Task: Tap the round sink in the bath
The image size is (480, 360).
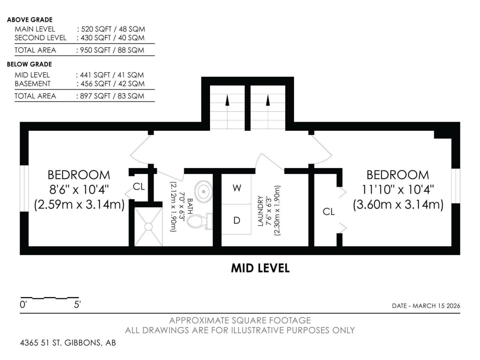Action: coord(204,192)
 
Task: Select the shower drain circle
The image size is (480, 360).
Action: coord(148,226)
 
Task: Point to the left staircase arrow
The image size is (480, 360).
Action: coord(227,111)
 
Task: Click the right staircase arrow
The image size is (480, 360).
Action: coord(268,111)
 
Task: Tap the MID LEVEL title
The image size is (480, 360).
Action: coord(260,268)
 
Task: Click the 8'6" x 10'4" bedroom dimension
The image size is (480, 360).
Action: coord(79,190)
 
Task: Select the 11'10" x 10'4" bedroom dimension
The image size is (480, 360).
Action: coord(398,190)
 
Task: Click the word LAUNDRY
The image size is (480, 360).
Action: coord(260,211)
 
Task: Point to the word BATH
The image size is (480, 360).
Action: coord(190,206)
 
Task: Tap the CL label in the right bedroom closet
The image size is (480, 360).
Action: coord(328,211)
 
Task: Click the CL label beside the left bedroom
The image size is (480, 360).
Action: coord(139,187)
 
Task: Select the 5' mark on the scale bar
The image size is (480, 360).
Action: coord(77,304)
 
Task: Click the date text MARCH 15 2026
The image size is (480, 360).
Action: coord(436,306)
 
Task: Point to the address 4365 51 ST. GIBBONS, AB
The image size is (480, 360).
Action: coord(68,343)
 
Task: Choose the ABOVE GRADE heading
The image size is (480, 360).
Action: coord(30,20)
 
